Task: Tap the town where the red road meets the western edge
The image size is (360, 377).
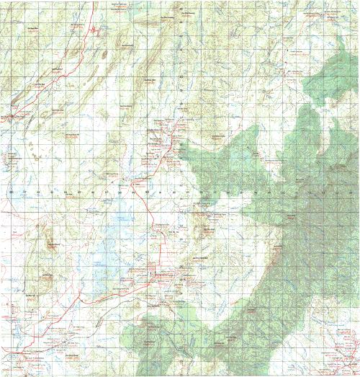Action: click(12, 116)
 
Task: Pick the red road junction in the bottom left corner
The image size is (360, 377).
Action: click(29, 358)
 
